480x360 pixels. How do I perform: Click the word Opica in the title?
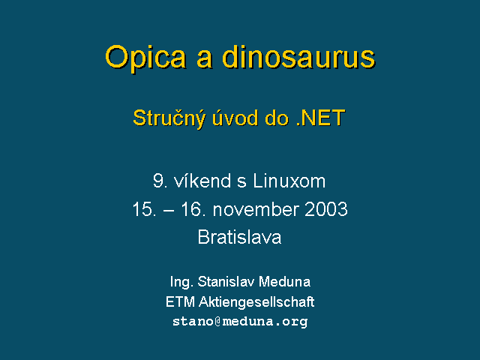pyautogui.click(x=145, y=58)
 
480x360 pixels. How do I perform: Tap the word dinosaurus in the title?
pyautogui.click(x=298, y=57)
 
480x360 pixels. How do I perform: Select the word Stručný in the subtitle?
pyautogui.click(x=169, y=118)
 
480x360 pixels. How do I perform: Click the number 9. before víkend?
pyautogui.click(x=160, y=181)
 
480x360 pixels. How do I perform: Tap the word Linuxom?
pyautogui.click(x=289, y=181)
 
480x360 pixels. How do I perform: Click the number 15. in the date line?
pyautogui.click(x=144, y=209)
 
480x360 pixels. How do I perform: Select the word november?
pyautogui.click(x=256, y=209)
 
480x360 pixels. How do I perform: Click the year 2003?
pyautogui.click(x=326, y=209)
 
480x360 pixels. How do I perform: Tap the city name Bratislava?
pyautogui.click(x=239, y=237)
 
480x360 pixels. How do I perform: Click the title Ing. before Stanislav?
pyautogui.click(x=181, y=282)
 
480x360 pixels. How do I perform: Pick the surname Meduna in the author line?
pyautogui.click(x=284, y=282)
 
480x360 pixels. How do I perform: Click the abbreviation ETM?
pyautogui.click(x=180, y=302)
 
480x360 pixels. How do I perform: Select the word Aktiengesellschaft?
pyautogui.click(x=256, y=302)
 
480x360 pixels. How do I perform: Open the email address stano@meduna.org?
pyautogui.click(x=240, y=322)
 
